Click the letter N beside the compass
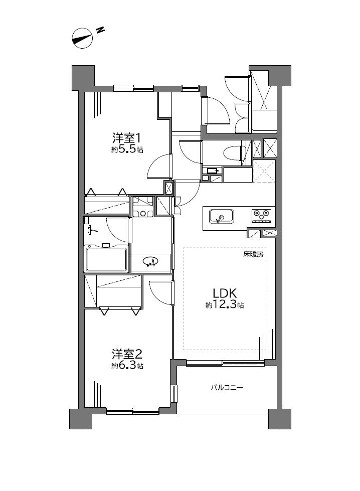coord(100,30)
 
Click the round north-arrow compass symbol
coord(82,38)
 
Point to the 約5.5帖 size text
coord(127,149)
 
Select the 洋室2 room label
coord(127,354)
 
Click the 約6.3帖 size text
coord(127,366)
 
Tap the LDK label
coord(225,293)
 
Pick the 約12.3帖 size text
coord(225,305)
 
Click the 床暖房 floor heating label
coord(253,254)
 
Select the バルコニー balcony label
coord(227,388)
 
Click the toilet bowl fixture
coord(234,153)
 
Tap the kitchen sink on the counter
coord(221,217)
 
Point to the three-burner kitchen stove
coord(261,215)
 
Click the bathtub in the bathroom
coord(107,259)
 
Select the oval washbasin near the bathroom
coord(150,261)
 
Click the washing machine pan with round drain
coord(143,207)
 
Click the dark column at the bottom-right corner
coord(280,419)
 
